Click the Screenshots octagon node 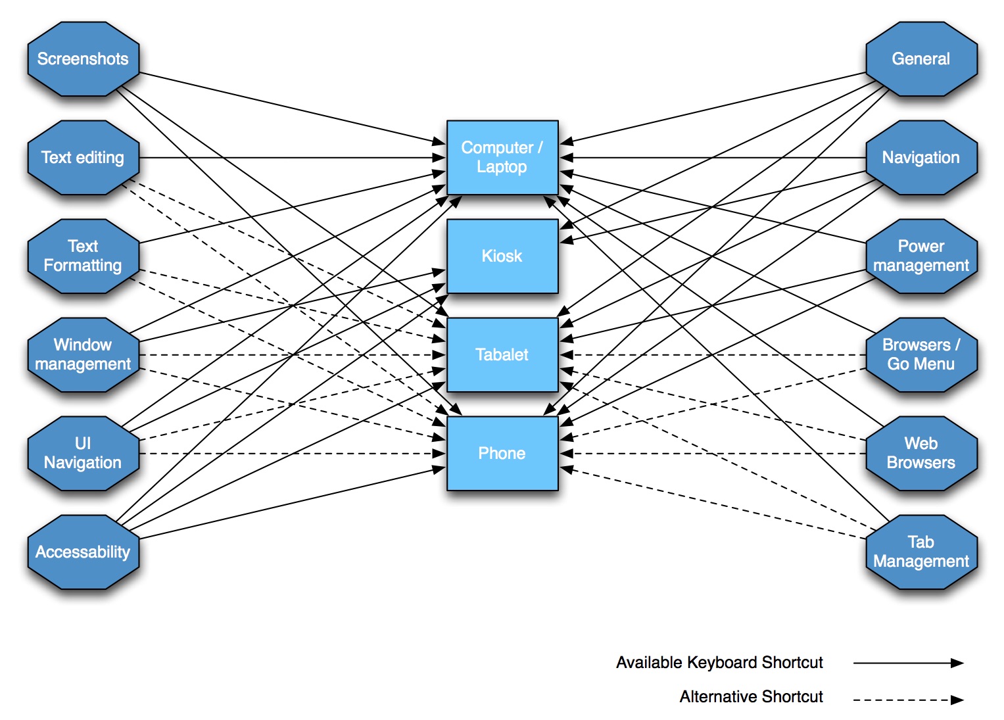pos(83,59)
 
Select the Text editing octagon pos(83,158)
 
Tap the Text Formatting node pos(83,256)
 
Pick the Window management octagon pos(83,355)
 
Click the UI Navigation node pos(83,454)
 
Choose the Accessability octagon pos(83,552)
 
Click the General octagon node pos(920,59)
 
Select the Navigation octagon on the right pos(920,158)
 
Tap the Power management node pos(920,256)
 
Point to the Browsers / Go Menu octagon pos(920,355)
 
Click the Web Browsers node pos(920,454)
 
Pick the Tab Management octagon pos(920,552)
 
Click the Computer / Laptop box pos(502,158)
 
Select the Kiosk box pos(502,256)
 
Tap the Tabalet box pos(502,355)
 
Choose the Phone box pos(502,454)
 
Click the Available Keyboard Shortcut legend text pos(719,663)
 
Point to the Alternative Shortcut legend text pos(751,697)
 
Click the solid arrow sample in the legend pos(908,663)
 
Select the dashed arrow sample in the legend pos(908,700)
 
